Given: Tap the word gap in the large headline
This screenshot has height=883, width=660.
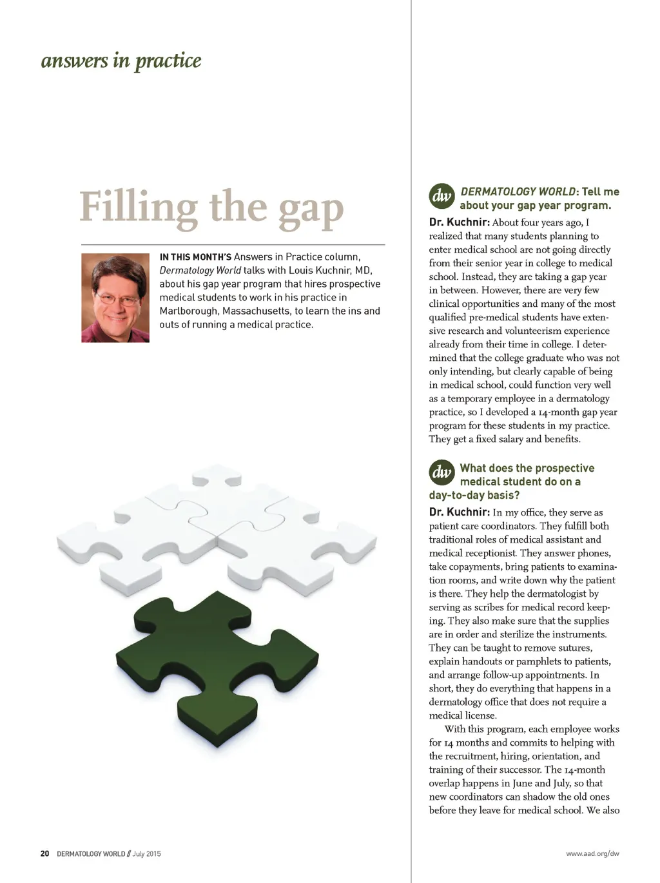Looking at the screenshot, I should tap(311, 210).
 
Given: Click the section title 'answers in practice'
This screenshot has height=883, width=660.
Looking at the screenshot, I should tap(121, 61).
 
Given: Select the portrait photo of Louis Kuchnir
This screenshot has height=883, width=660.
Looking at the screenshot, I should tap(115, 297).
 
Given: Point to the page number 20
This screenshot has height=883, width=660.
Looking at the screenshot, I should tap(44, 853).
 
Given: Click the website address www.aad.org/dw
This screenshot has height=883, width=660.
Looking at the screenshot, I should tap(592, 853).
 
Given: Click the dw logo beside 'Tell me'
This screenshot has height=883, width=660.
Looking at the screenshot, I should tap(442, 196).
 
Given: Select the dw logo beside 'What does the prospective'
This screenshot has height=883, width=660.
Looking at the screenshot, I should tap(442, 472).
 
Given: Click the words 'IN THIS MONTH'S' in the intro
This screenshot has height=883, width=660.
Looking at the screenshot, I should tap(195, 257).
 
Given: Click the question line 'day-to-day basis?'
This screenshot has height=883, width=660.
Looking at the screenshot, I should tap(474, 495).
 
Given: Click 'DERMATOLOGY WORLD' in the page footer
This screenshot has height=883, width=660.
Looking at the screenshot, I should tap(91, 853).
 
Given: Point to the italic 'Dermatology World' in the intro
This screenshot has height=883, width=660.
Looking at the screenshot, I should tap(200, 271).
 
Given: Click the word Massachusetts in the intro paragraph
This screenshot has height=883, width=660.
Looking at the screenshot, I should tap(256, 311).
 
